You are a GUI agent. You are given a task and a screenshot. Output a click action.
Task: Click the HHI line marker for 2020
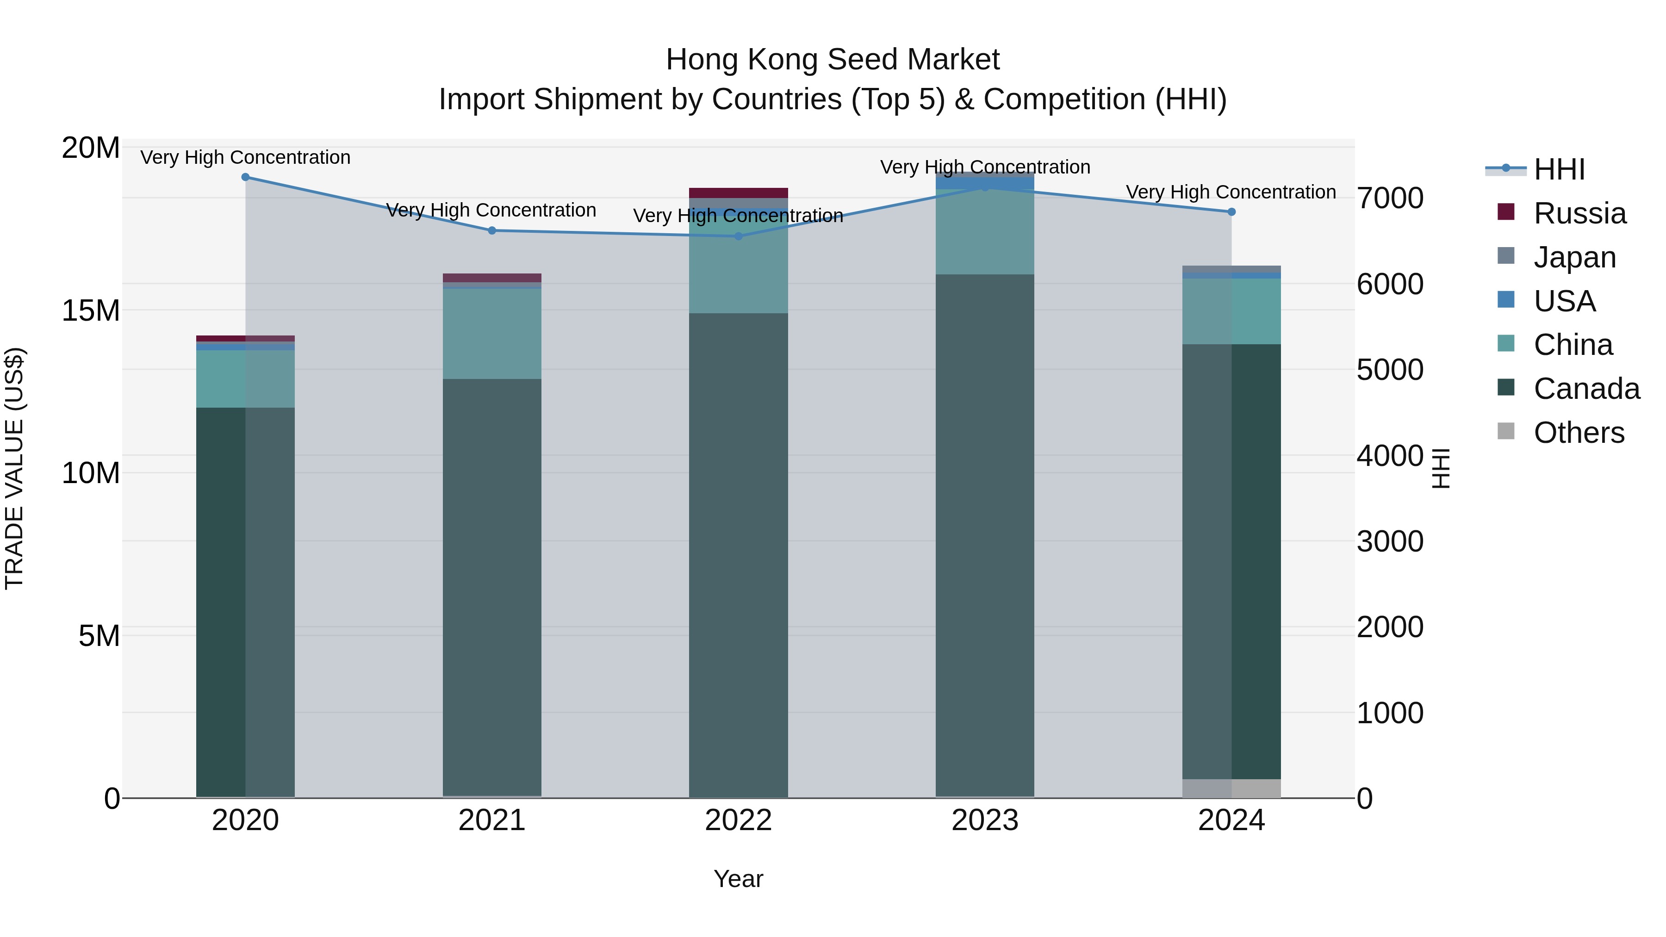point(245,177)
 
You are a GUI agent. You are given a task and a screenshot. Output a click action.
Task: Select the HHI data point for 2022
point(739,236)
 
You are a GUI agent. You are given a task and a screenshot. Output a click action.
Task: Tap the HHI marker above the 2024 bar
point(1231,212)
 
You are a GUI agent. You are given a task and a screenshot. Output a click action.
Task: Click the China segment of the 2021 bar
point(492,334)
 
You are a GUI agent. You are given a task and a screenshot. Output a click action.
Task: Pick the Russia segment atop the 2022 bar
point(739,192)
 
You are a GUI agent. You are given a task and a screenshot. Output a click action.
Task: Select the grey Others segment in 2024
point(1231,788)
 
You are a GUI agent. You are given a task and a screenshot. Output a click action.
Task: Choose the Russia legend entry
point(1579,213)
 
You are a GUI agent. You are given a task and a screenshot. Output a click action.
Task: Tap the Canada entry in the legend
point(1586,389)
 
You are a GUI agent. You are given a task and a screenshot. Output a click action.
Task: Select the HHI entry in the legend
point(1559,169)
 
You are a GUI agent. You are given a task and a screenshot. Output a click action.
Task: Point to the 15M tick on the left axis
point(91,311)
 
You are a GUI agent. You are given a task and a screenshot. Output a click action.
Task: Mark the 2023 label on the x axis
point(985,820)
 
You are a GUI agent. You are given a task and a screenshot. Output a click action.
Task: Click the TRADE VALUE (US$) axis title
point(14,468)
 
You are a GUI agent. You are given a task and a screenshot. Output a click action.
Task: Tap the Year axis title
point(738,879)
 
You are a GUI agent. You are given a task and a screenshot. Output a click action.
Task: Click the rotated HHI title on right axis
point(1442,468)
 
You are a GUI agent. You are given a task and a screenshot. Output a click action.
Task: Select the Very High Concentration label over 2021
point(491,210)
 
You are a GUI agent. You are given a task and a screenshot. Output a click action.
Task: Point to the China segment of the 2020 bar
point(245,379)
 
